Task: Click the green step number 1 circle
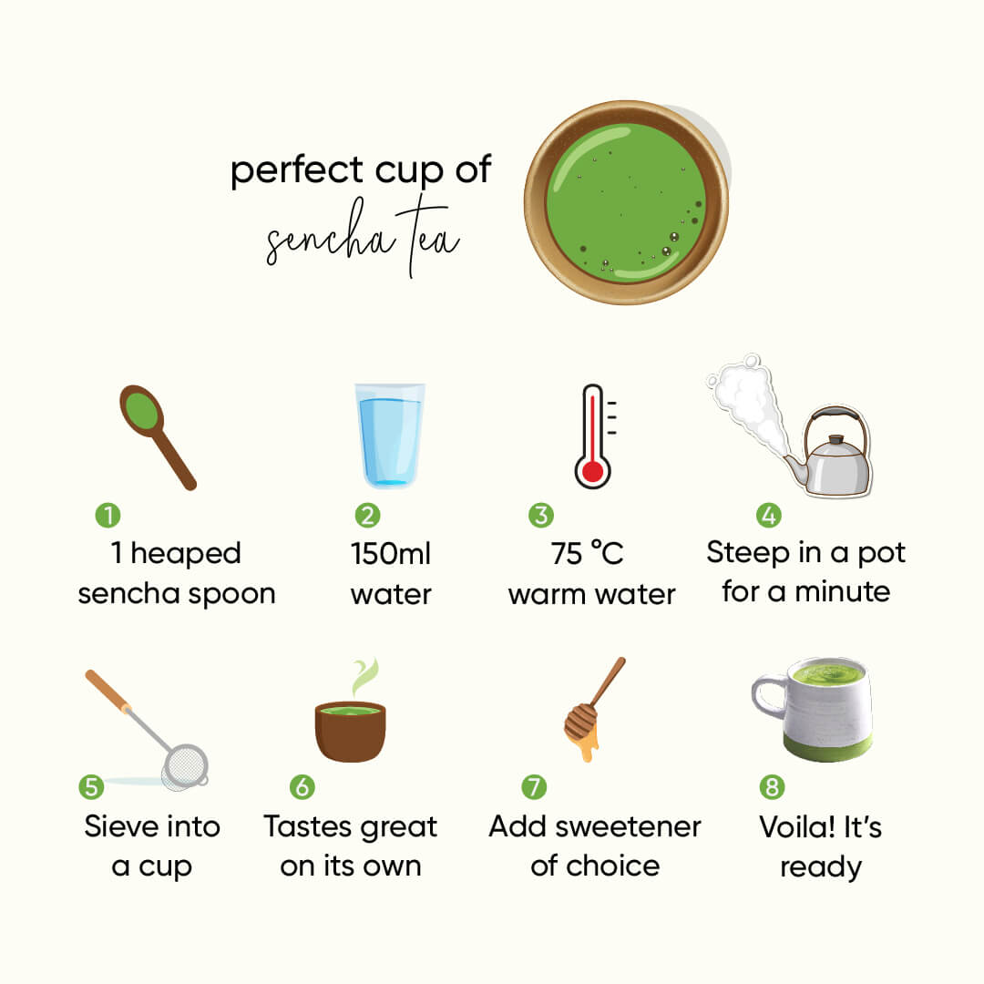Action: (108, 516)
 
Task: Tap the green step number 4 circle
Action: (768, 516)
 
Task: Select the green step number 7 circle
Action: (534, 786)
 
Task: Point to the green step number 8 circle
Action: (772, 786)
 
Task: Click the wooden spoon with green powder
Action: (155, 433)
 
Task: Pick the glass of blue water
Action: (390, 436)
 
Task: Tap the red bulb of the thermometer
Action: (593, 471)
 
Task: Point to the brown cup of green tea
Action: (350, 729)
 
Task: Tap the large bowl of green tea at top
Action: (626, 202)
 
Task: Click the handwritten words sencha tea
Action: (363, 241)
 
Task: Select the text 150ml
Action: (390, 553)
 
